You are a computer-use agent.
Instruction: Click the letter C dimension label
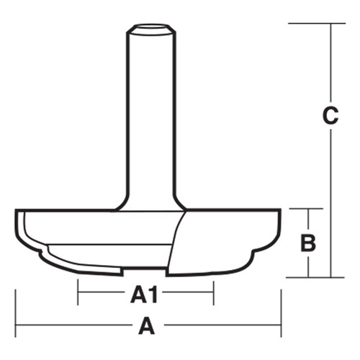(330, 116)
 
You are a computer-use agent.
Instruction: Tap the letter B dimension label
(308, 243)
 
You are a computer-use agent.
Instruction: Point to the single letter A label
(147, 328)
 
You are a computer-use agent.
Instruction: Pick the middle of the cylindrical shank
(150, 115)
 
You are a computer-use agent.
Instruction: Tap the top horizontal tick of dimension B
(308, 210)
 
